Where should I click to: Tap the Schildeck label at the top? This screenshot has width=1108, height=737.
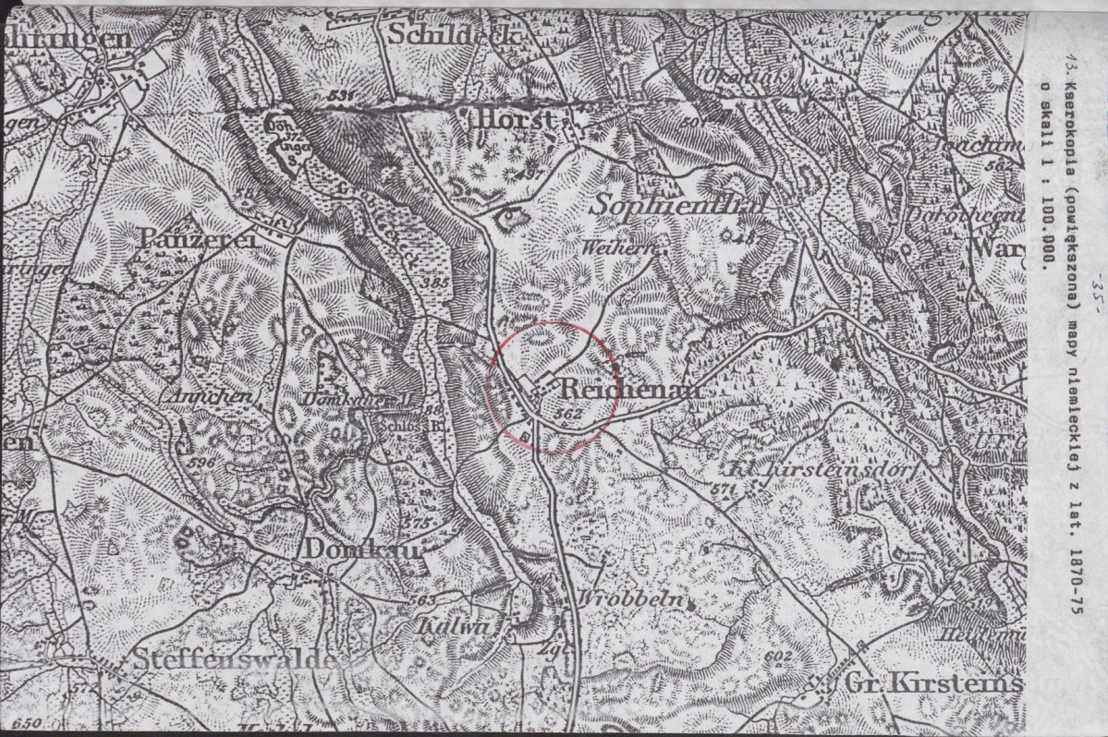(x=455, y=33)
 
